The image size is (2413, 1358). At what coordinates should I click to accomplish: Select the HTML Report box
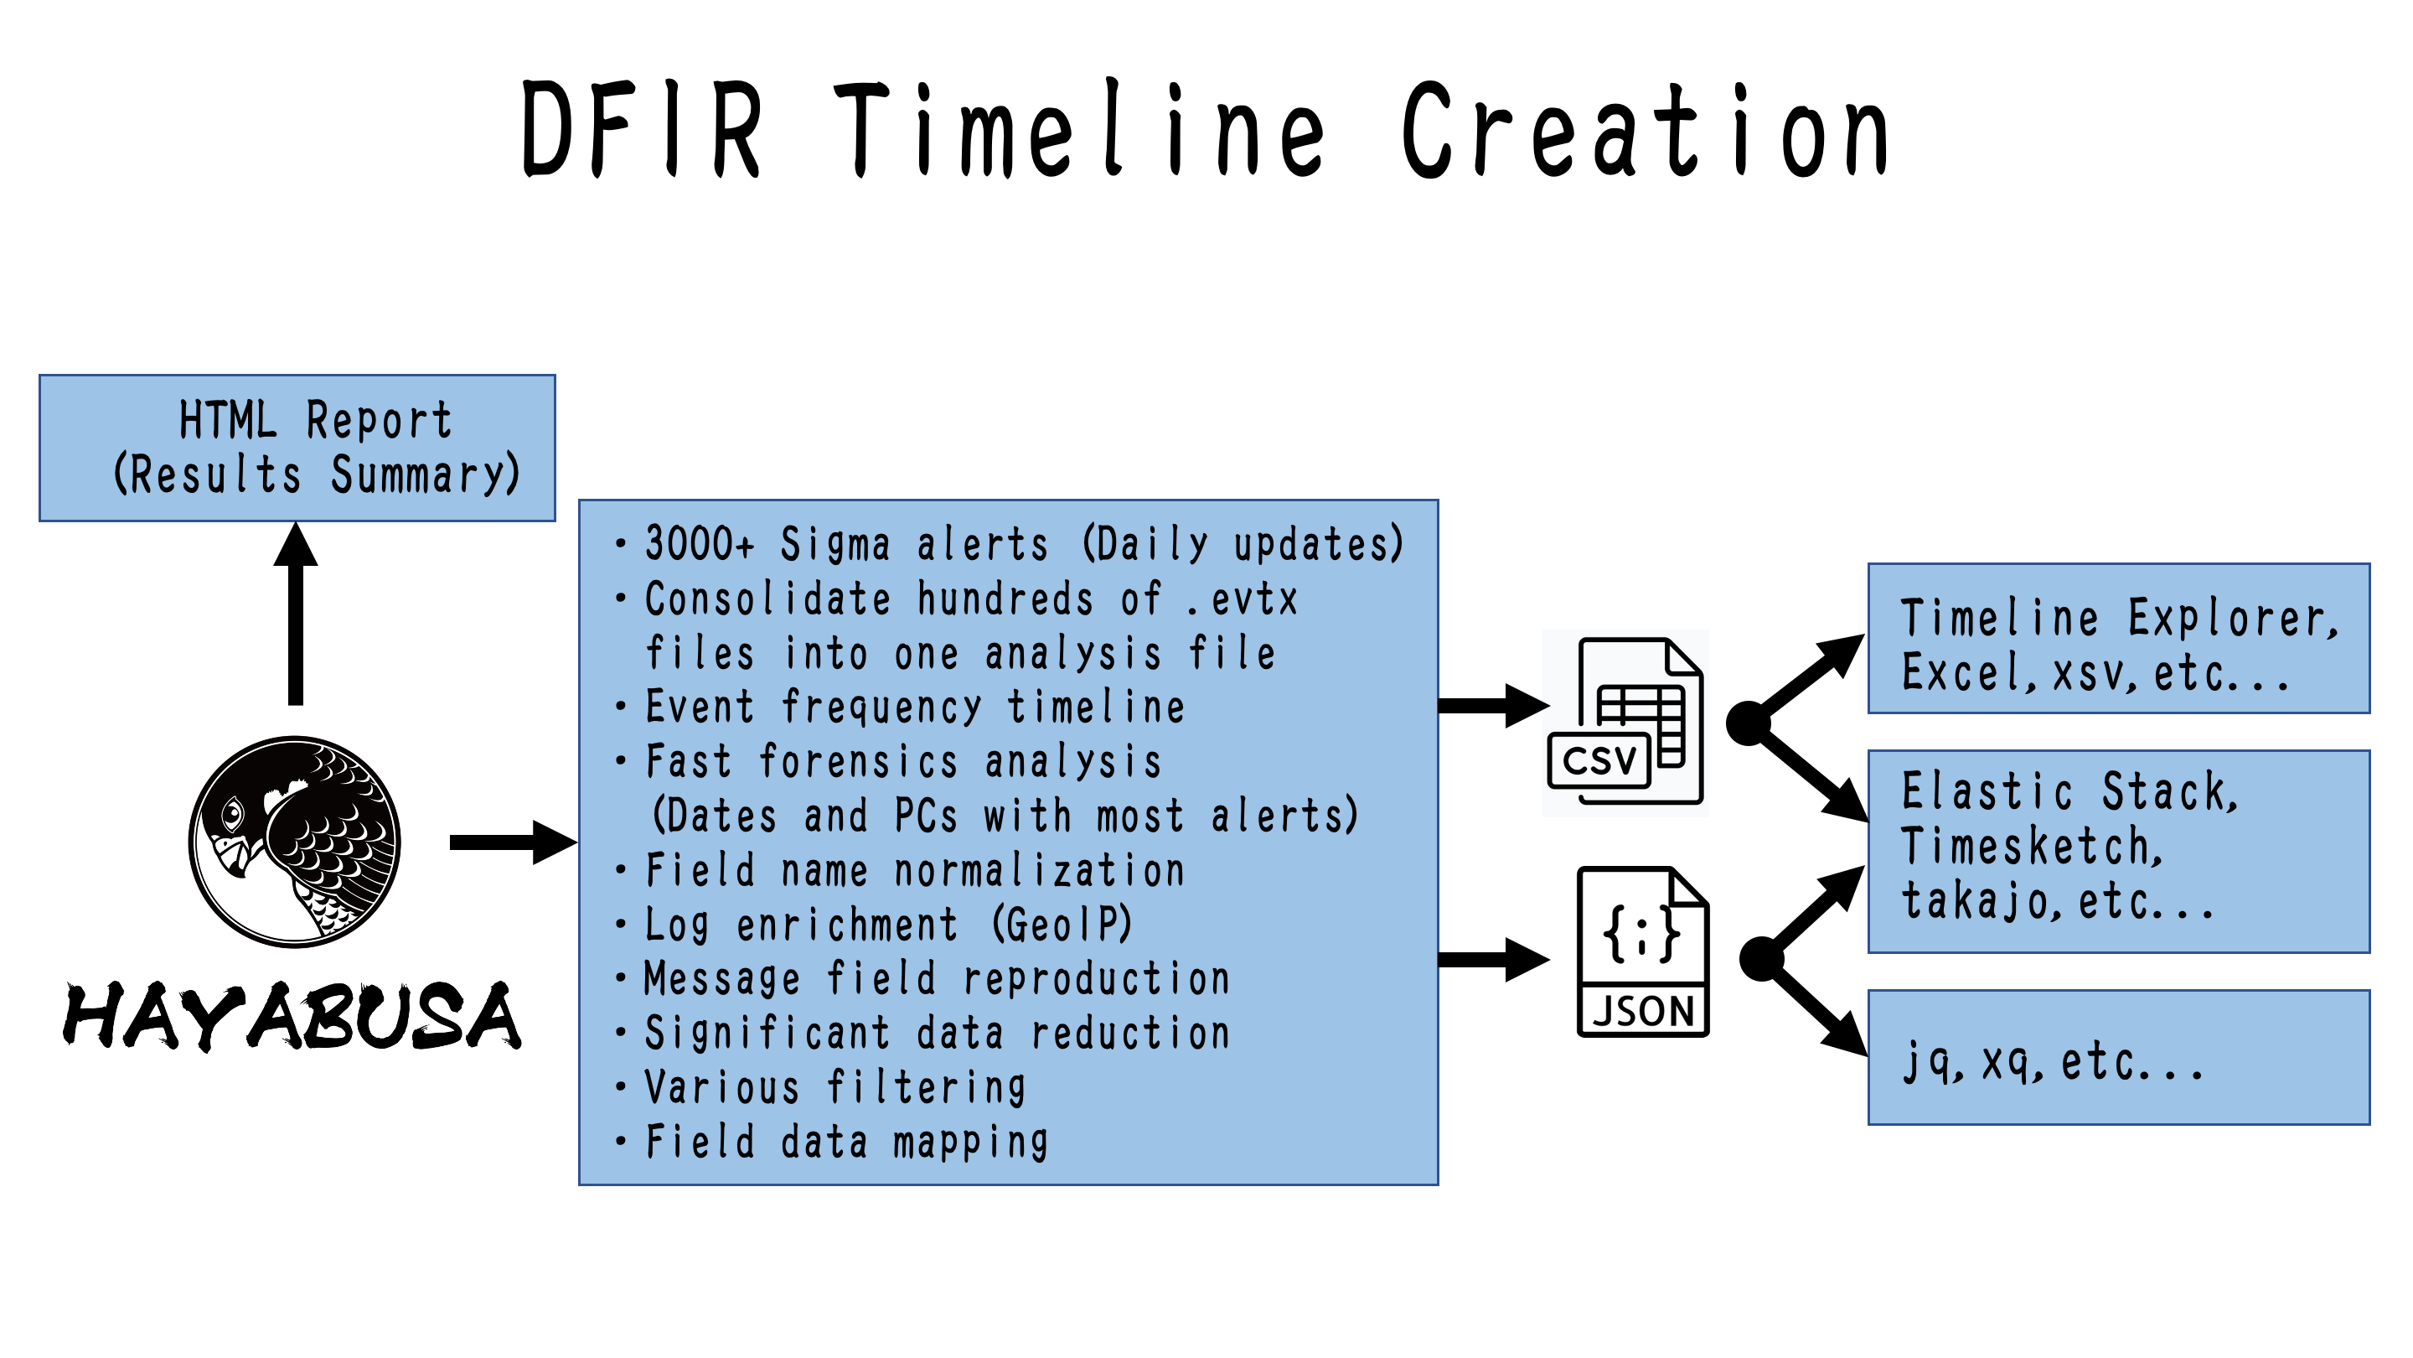point(297,448)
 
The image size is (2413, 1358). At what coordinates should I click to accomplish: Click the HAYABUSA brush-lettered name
point(292,1017)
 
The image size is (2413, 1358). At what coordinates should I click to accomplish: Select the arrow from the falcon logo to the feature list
point(511,842)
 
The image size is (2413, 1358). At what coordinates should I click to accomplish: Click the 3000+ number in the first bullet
point(699,543)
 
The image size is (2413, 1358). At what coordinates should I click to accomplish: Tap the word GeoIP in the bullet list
point(1062,925)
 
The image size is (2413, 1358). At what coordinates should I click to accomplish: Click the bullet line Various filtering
point(834,1087)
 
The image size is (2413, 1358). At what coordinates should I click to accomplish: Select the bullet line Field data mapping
point(846,1142)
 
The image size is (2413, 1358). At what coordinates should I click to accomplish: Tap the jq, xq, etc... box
point(2118,1057)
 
